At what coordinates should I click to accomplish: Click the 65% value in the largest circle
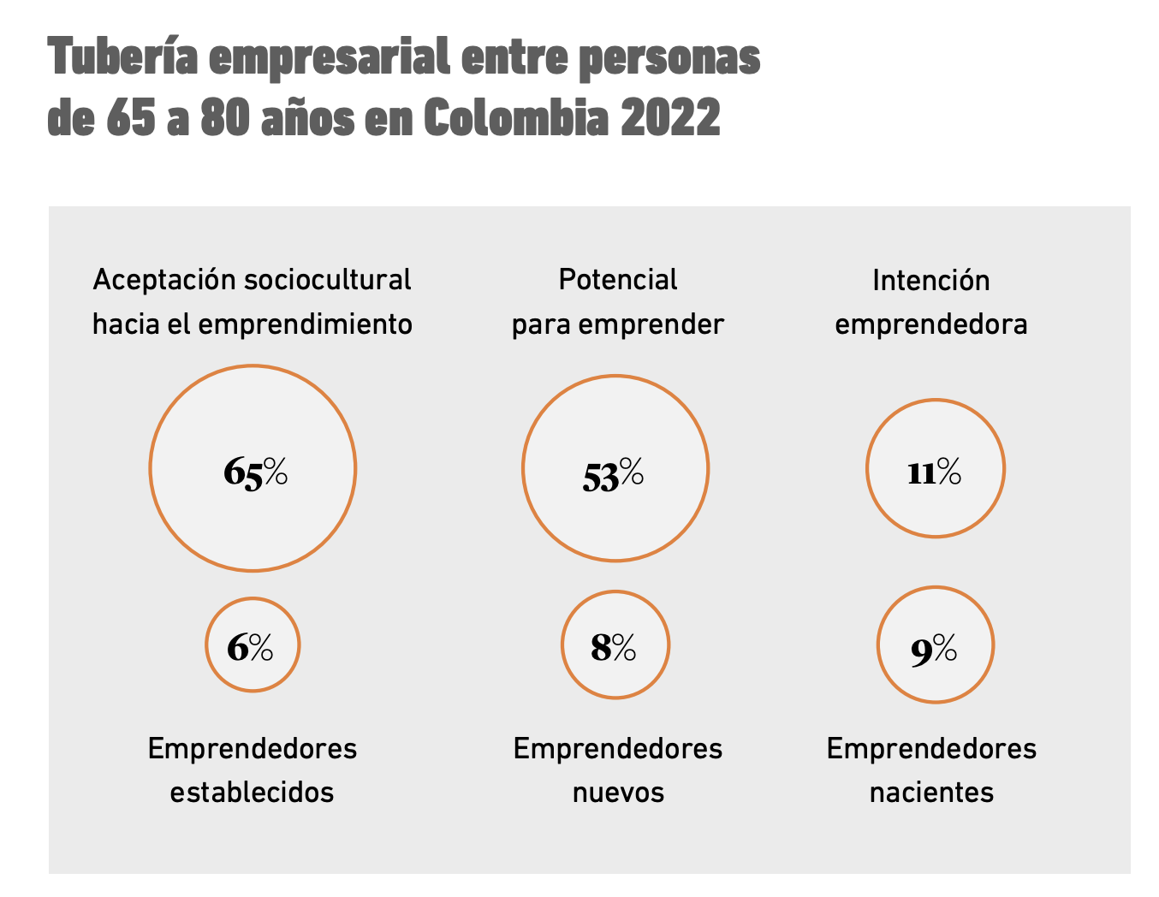pyautogui.click(x=255, y=472)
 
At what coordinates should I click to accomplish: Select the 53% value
pyautogui.click(x=613, y=474)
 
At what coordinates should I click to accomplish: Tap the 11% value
pyautogui.click(x=934, y=472)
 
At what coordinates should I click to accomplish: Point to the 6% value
pyautogui.click(x=250, y=648)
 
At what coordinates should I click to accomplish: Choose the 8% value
pyautogui.click(x=614, y=648)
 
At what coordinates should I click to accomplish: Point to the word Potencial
pyautogui.click(x=617, y=280)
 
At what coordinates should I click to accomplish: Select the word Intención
pyautogui.click(x=930, y=281)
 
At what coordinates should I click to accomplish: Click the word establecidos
pyautogui.click(x=252, y=792)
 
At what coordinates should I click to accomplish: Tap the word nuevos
pyautogui.click(x=618, y=793)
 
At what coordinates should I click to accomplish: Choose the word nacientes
pyautogui.click(x=931, y=793)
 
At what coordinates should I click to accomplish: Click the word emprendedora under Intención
pyautogui.click(x=930, y=325)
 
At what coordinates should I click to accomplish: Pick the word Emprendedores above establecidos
pyautogui.click(x=252, y=749)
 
